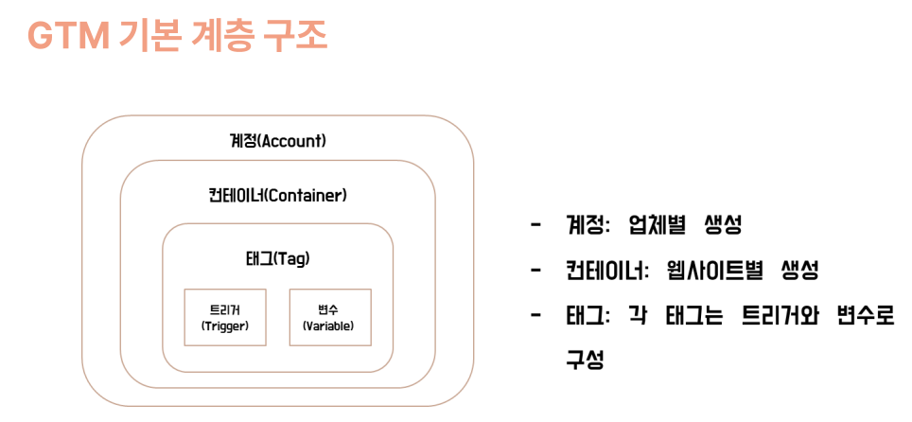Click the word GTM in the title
click(68, 37)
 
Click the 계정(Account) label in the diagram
click(277, 141)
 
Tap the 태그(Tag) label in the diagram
click(277, 259)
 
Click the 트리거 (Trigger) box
click(225, 317)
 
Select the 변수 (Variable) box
click(330, 317)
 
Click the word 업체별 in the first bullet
click(656, 225)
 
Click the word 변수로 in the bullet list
click(868, 317)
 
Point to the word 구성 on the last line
click(585, 360)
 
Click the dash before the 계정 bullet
click(535, 225)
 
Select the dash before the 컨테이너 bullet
click(535, 271)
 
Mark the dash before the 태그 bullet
click(535, 317)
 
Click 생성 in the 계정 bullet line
click(723, 225)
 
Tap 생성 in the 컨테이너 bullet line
click(800, 271)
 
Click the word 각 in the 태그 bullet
click(638, 317)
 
